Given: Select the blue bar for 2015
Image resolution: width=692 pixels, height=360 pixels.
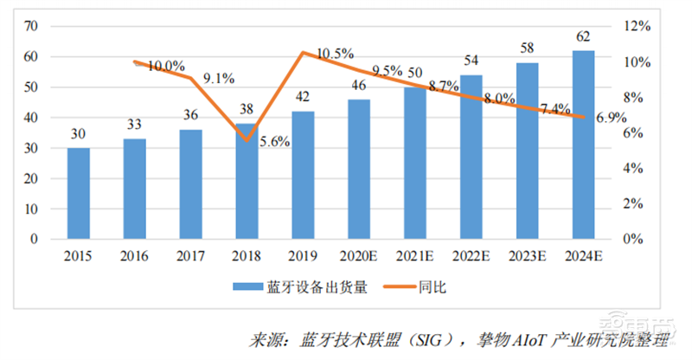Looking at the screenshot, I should tap(79, 193).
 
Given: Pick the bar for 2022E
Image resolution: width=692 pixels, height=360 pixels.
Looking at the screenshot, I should tap(471, 157).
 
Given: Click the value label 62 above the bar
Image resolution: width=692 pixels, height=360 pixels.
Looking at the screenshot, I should tap(583, 37).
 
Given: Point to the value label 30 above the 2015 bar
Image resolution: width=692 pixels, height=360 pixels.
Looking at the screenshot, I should tap(79, 134).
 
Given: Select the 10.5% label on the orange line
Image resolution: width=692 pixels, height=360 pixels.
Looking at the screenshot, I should tap(335, 54).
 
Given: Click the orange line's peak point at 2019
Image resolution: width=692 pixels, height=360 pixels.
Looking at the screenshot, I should tap(303, 53).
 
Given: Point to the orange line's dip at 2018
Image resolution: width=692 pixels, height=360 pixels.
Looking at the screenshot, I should tap(247, 139).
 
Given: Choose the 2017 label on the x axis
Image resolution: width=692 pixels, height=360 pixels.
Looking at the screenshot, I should tap(191, 257).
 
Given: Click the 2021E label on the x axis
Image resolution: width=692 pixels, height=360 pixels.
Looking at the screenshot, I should tap(415, 257).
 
